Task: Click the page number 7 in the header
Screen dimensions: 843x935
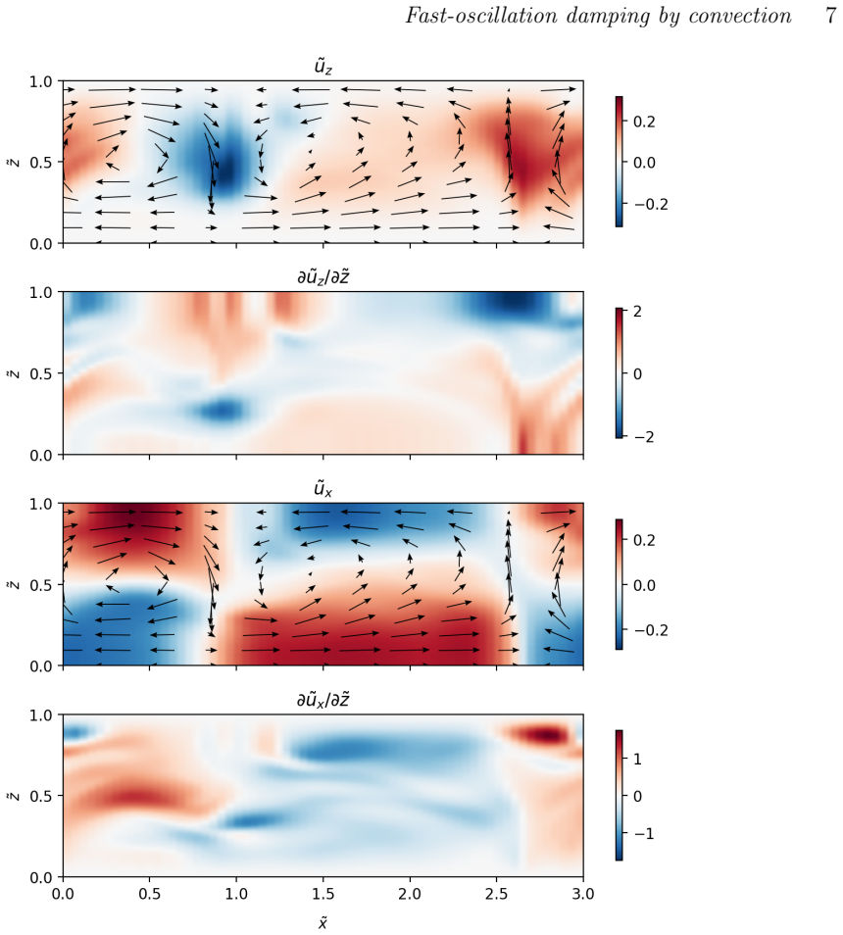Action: pyautogui.click(x=831, y=15)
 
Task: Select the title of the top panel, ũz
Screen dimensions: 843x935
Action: pyautogui.click(x=322, y=67)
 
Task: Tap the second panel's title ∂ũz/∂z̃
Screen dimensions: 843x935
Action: pyautogui.click(x=322, y=277)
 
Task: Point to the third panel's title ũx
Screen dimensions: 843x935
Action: pyautogui.click(x=322, y=489)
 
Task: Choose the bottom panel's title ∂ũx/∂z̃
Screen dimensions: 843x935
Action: pyautogui.click(x=322, y=700)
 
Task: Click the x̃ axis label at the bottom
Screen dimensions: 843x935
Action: pyautogui.click(x=322, y=922)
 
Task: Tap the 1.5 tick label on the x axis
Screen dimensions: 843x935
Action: pyautogui.click(x=323, y=894)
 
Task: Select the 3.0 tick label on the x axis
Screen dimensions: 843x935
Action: pyautogui.click(x=583, y=894)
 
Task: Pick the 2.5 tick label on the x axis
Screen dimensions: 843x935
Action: pyautogui.click(x=497, y=894)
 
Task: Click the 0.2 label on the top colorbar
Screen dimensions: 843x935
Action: pyautogui.click(x=644, y=122)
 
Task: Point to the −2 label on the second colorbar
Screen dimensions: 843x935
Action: pyautogui.click(x=641, y=437)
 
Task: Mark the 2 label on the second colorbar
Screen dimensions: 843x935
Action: pyautogui.click(x=637, y=312)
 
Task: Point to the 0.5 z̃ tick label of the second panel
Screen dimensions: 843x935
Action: pyautogui.click(x=40, y=373)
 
